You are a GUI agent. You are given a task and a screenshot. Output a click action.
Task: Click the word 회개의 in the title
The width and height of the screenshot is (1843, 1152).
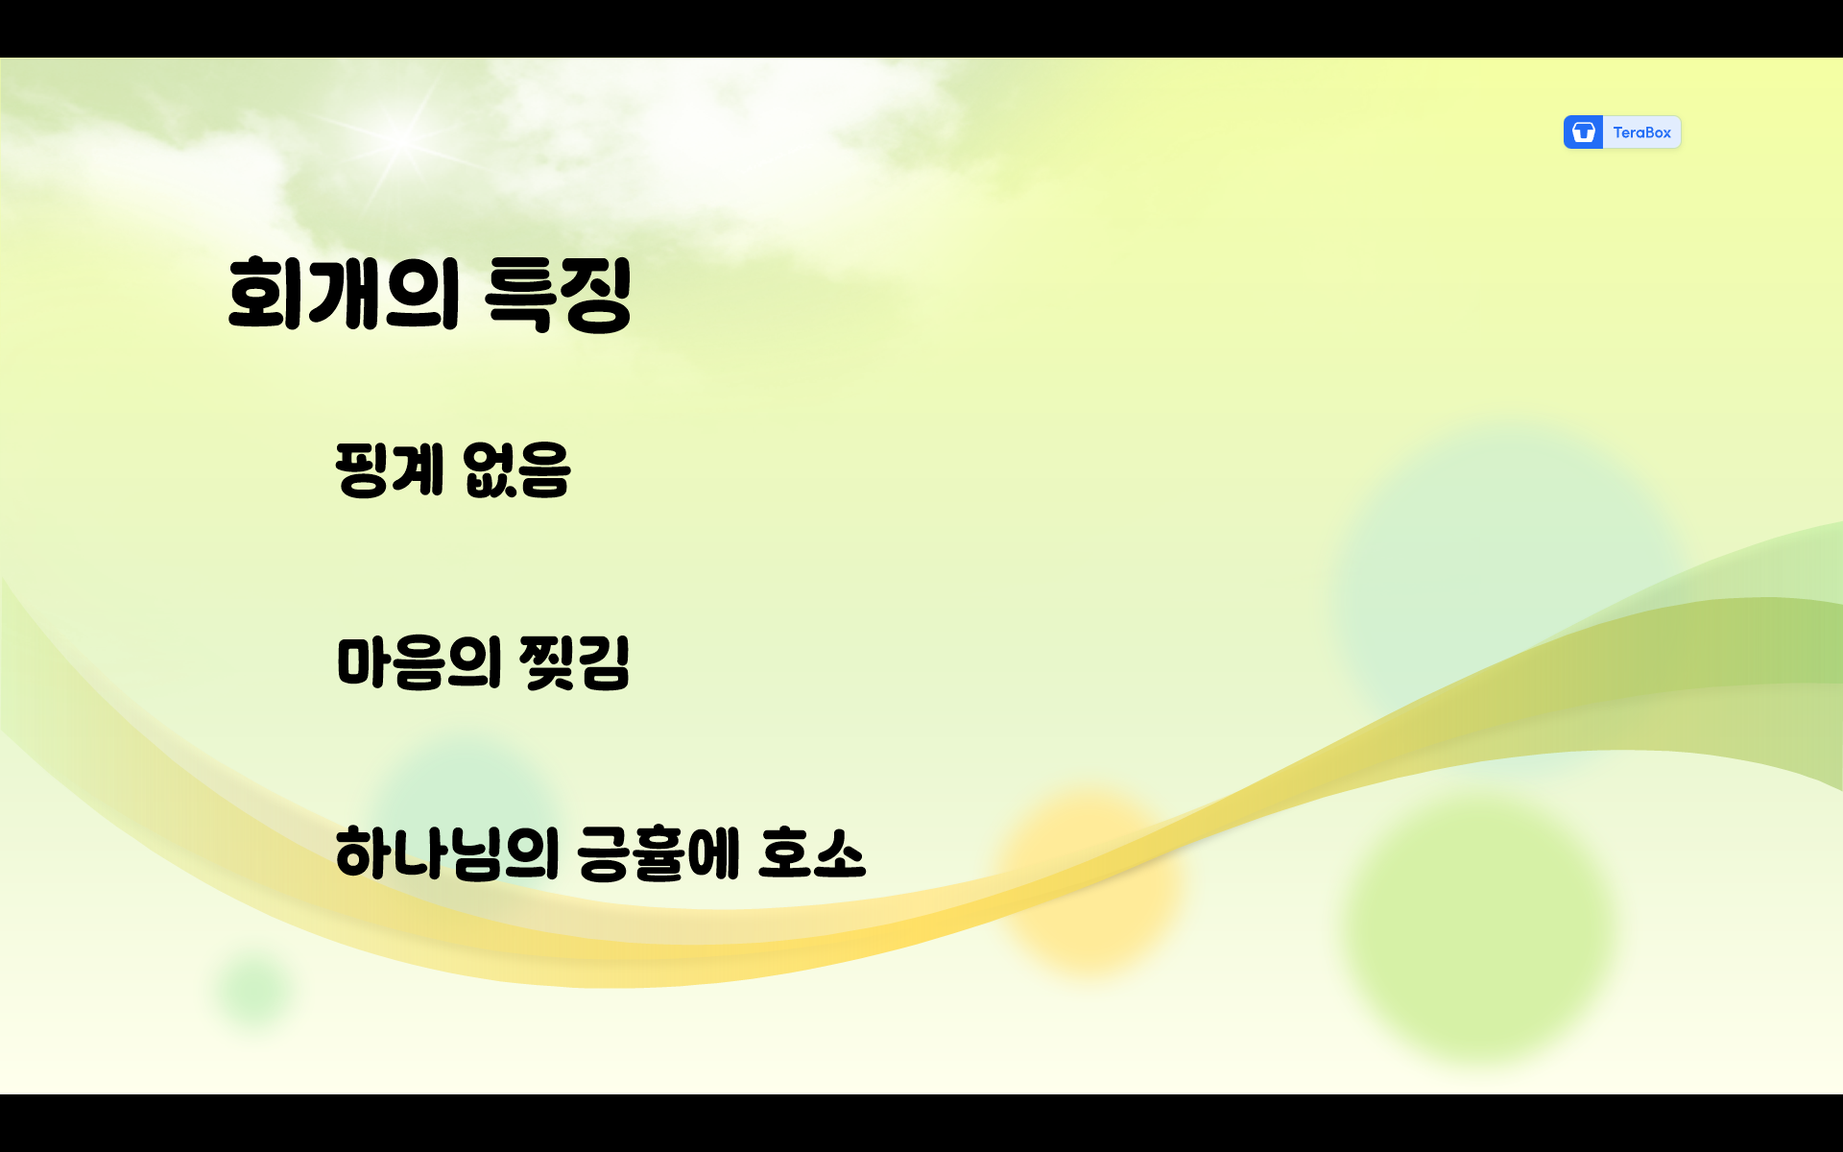[x=343, y=294]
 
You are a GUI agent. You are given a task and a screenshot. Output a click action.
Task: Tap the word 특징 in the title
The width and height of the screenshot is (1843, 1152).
[x=558, y=295]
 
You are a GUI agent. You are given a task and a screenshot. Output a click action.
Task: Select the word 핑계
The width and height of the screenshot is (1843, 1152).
[x=390, y=469]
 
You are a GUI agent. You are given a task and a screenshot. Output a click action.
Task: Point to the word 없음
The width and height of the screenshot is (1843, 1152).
[x=516, y=469]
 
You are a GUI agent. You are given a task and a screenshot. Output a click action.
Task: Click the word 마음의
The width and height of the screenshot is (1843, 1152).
[x=419, y=662]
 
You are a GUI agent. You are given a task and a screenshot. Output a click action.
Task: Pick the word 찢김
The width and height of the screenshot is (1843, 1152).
[x=574, y=662]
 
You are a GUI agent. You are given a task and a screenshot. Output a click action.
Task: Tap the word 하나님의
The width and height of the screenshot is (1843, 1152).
[x=446, y=853]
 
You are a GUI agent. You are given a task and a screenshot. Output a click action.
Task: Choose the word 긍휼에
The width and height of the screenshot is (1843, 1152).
[x=658, y=853]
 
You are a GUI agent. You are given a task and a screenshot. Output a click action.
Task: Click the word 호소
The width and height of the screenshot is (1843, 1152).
[x=812, y=853]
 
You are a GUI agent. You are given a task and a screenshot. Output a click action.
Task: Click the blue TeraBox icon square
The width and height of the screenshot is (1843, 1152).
[x=1583, y=132]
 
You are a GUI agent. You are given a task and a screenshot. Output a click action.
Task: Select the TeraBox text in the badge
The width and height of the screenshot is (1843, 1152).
[x=1641, y=132]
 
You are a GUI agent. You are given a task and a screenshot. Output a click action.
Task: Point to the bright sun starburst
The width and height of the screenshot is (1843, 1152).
[x=401, y=139]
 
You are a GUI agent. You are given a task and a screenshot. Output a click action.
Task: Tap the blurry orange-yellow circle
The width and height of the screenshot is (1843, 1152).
[x=1089, y=878]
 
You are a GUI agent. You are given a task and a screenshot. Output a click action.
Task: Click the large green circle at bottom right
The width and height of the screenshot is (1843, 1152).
[x=1478, y=926]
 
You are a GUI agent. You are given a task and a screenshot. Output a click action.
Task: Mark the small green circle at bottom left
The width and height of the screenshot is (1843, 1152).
[x=254, y=989]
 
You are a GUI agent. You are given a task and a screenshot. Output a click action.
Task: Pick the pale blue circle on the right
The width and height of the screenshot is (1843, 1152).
[x=1507, y=576]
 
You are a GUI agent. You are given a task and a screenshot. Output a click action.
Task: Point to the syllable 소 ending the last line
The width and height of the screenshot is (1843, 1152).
[x=839, y=853]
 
